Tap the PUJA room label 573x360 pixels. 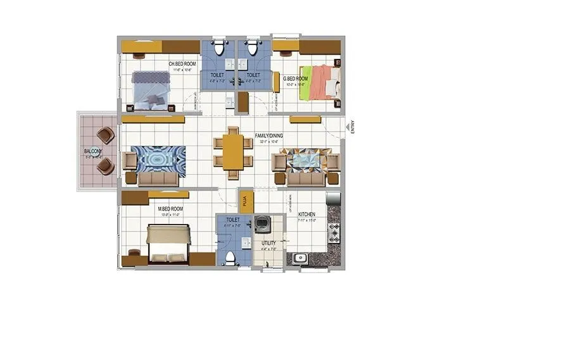pos(244,201)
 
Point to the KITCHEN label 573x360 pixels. pos(306,214)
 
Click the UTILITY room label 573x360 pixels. pos(268,242)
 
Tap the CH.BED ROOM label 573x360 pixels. pos(182,64)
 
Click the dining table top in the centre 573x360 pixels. pos(232,152)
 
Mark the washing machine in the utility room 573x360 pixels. pos(262,226)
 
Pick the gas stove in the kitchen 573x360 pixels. pos(334,233)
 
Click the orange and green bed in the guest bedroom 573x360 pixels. pos(320,82)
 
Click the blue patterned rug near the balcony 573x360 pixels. pos(158,161)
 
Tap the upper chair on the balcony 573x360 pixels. pos(105,135)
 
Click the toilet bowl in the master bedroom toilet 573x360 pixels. pos(230,258)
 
